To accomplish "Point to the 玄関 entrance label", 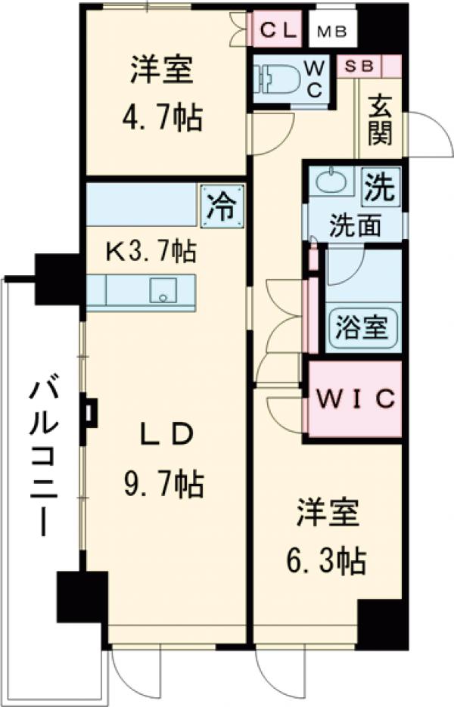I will (x=381, y=121).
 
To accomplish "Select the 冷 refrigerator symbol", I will (x=222, y=205).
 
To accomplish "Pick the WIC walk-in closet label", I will (x=355, y=398).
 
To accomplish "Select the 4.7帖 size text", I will (x=163, y=118).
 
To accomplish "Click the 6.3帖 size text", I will (x=328, y=560).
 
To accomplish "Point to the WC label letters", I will (x=316, y=78).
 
